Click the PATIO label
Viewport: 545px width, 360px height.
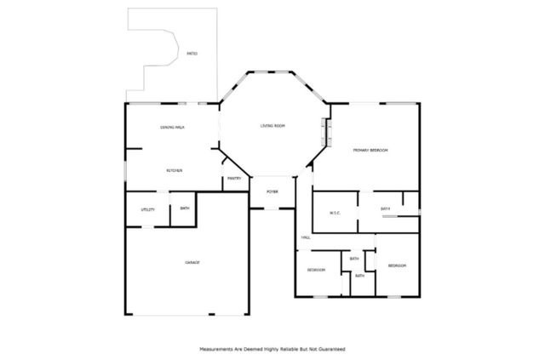pos(192,54)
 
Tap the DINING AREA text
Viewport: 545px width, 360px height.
pos(173,127)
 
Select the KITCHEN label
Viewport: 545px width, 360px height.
pos(175,170)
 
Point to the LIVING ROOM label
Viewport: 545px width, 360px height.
pos(272,126)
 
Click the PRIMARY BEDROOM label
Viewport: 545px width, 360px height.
pos(370,150)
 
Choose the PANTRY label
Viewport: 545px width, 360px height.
pos(234,179)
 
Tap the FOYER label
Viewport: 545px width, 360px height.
pos(272,191)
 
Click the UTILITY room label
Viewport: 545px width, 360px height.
pos(147,209)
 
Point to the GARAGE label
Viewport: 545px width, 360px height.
pos(192,262)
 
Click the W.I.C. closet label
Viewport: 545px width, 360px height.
pos(335,214)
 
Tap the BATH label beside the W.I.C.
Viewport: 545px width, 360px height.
pos(385,209)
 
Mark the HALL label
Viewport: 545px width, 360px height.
pos(304,237)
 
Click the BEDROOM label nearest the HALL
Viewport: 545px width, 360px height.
pos(317,270)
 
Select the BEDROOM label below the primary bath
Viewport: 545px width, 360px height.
pos(397,266)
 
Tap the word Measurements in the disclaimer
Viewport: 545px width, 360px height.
pos(219,349)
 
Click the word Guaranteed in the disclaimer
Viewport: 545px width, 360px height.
pos(330,349)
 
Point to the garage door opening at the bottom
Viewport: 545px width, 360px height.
pos(187,316)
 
